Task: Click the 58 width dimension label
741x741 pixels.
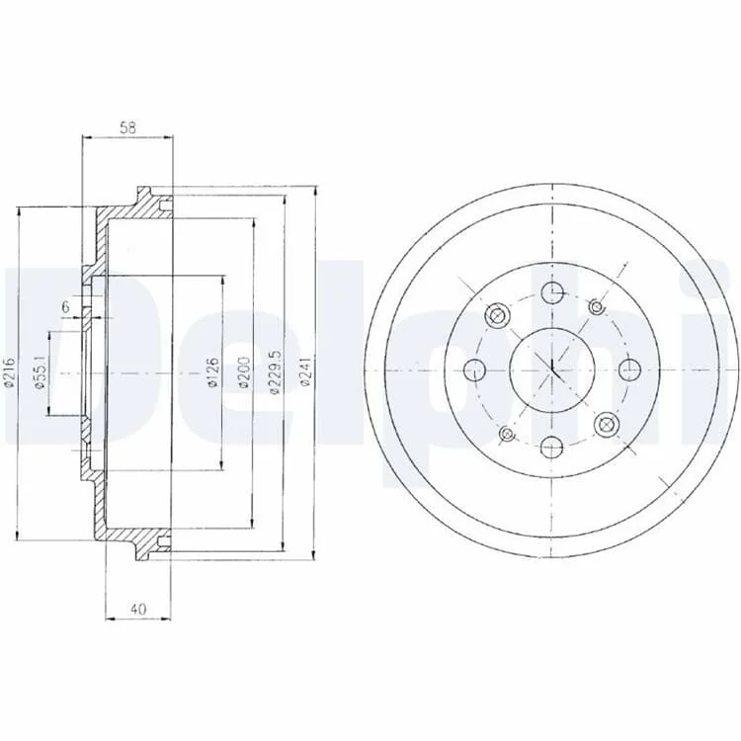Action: point(127,127)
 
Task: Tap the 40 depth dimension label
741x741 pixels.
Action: point(137,609)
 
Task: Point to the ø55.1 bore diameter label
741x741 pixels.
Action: point(41,372)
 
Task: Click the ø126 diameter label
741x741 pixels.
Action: point(212,372)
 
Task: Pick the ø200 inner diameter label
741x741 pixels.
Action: point(244,372)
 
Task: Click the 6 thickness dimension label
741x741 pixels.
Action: point(65,306)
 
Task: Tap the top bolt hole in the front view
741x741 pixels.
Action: point(552,293)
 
